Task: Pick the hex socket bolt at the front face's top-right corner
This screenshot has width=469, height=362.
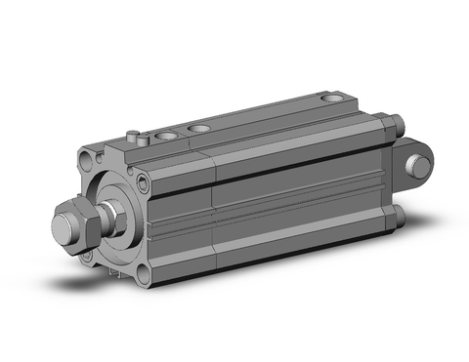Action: click(145, 181)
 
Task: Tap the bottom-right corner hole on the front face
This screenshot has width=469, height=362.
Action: click(144, 273)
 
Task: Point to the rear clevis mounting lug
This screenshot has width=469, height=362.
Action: click(410, 164)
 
